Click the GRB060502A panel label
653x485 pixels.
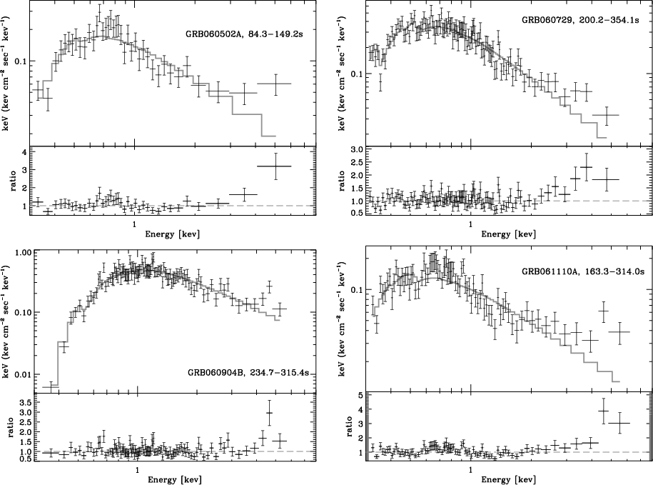(x=244, y=34)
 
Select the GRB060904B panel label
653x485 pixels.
(x=248, y=373)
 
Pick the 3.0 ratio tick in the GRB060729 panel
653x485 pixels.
(x=357, y=149)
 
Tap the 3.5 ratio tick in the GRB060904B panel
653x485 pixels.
(x=24, y=402)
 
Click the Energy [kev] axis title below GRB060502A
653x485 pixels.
(x=173, y=234)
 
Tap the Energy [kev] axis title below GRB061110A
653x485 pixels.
(x=509, y=479)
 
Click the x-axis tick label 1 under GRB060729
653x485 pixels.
(x=470, y=224)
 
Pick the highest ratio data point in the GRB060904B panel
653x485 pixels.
(x=270, y=413)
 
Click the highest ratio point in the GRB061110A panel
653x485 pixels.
(x=604, y=411)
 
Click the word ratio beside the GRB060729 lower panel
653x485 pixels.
(x=343, y=181)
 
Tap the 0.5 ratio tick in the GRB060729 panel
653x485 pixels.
(x=357, y=213)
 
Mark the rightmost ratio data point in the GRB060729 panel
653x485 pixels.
(x=607, y=179)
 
